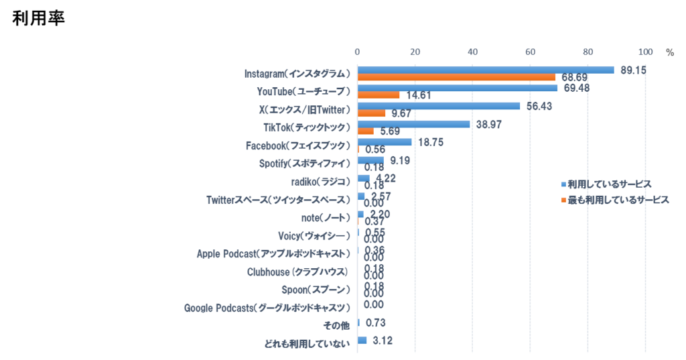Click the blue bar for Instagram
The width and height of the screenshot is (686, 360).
click(486, 70)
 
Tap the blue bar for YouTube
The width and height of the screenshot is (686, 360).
click(458, 88)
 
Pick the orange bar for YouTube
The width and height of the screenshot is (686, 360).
click(379, 95)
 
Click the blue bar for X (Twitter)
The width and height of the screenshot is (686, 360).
click(439, 106)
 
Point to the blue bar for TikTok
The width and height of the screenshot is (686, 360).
click(413, 124)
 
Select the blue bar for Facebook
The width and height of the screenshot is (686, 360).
click(385, 142)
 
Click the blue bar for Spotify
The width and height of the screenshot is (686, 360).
click(370, 160)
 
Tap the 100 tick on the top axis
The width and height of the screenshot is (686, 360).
click(646, 52)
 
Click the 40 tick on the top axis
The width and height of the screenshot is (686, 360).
click(472, 52)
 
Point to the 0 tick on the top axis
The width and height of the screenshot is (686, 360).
click(357, 52)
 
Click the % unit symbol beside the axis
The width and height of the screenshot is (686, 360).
click(669, 52)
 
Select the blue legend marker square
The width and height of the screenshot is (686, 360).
click(562, 184)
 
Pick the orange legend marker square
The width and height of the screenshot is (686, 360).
click(562, 200)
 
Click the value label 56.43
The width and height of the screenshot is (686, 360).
click(540, 106)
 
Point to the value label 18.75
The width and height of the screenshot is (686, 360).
click(431, 142)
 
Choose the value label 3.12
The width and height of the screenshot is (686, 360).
click(382, 341)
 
